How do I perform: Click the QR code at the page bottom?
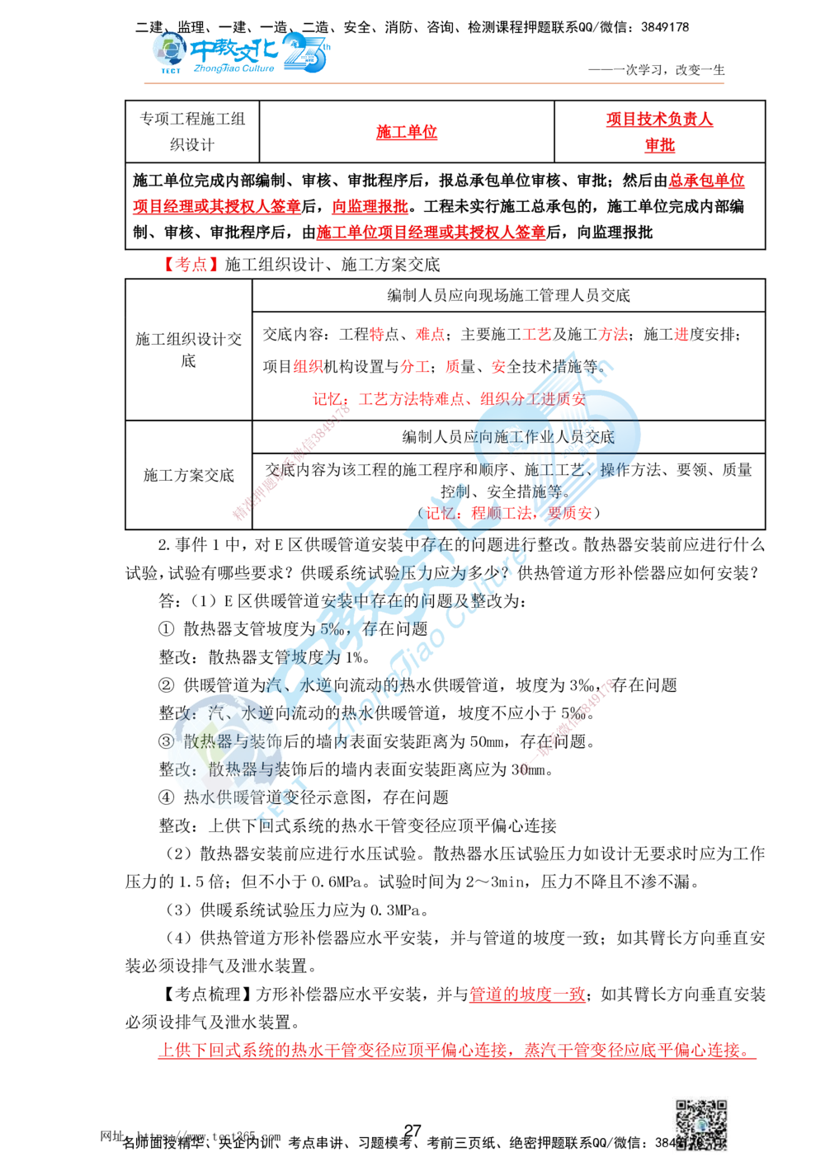point(699,1126)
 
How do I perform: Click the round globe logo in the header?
point(169,51)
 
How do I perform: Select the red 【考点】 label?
point(191,265)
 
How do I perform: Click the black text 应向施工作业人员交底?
point(544,437)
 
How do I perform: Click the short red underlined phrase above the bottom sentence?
point(528,994)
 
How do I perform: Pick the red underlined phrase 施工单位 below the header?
point(406,132)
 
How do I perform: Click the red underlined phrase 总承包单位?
point(706,181)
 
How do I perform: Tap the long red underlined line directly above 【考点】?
point(431,233)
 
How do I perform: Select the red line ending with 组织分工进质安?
point(446,399)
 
